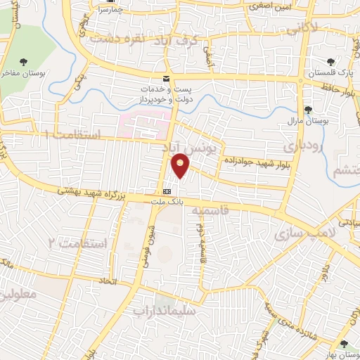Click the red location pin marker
coord(181,165)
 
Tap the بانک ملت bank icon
coord(167,191)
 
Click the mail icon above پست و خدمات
coord(167,78)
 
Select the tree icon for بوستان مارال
coord(308,109)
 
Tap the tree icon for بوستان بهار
coord(343,344)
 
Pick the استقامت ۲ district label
coord(77,243)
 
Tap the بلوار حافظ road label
coord(342,89)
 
